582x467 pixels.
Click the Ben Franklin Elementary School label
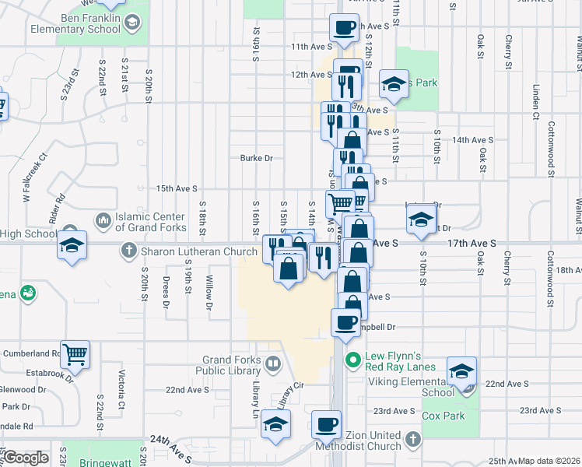click(75, 23)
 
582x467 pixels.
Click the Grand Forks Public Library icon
click(273, 363)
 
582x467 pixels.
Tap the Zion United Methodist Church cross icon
click(412, 441)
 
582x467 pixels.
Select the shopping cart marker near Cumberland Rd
click(75, 355)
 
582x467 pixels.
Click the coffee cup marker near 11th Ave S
click(345, 29)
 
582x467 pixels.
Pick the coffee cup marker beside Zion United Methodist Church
click(326, 426)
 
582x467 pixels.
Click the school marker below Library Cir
click(275, 424)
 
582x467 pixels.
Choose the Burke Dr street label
click(257, 158)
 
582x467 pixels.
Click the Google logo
click(26, 458)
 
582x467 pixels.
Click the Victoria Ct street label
click(121, 383)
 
